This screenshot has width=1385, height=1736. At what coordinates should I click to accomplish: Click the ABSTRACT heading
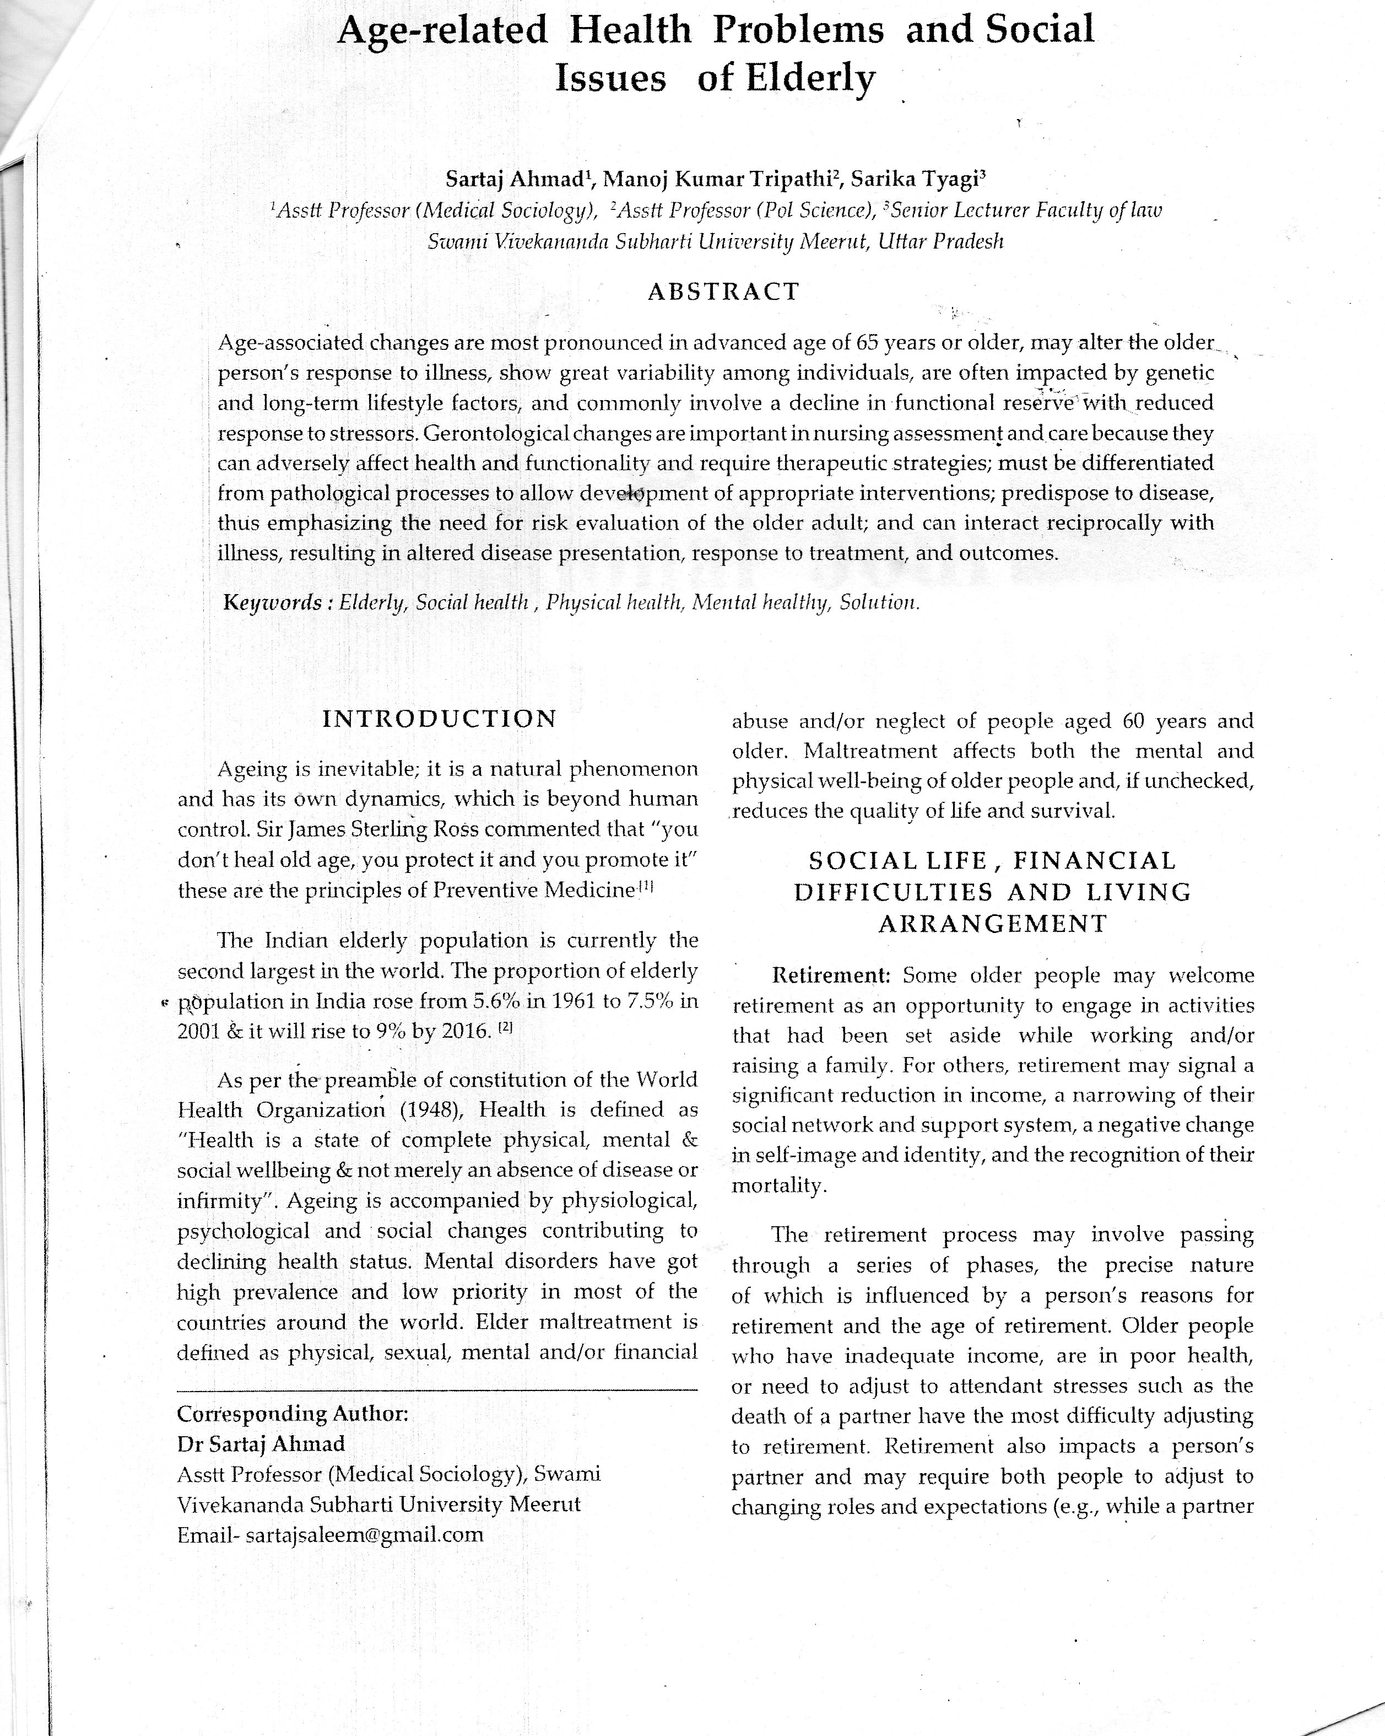point(723,292)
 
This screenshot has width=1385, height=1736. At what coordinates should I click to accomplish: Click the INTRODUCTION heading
point(440,719)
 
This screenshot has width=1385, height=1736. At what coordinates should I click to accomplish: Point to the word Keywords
point(273,602)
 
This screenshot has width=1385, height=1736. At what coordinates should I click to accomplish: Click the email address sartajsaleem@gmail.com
point(365,1534)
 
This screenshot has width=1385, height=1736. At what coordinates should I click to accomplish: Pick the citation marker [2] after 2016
point(505,1028)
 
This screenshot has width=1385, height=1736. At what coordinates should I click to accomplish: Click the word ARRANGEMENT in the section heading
point(993,924)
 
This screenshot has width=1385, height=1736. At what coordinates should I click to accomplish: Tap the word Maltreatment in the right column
point(871,751)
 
